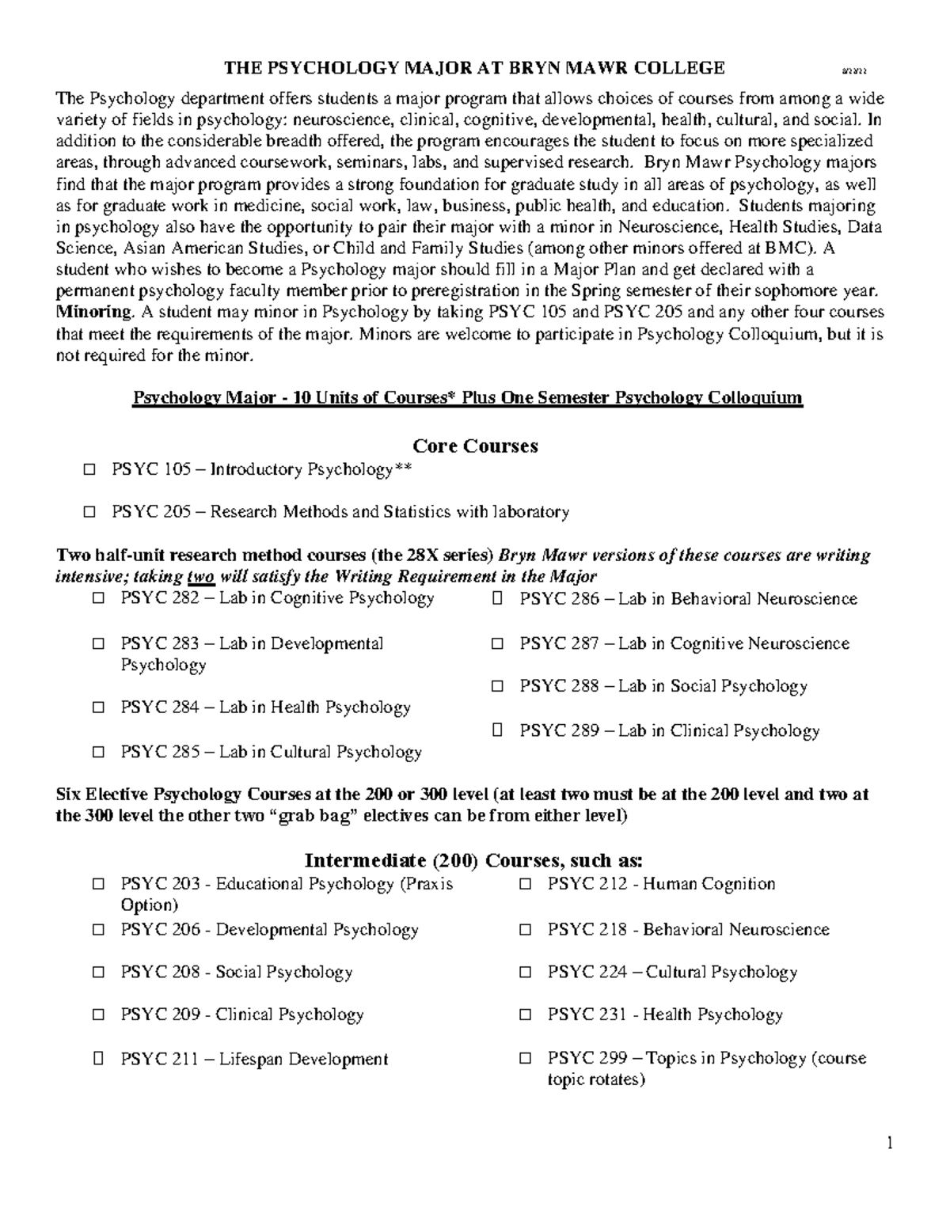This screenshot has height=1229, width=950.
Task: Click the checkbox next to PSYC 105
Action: [x=89, y=470]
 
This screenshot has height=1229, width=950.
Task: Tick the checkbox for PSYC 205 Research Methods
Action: [x=89, y=512]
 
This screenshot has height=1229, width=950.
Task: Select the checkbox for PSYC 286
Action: [x=497, y=599]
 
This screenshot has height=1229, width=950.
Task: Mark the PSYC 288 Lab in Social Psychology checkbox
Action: [x=497, y=687]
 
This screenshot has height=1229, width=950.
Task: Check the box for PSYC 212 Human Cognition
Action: [x=525, y=885]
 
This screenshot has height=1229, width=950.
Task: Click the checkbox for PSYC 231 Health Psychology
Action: [x=525, y=1015]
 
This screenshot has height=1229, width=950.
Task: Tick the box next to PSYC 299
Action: [x=525, y=1059]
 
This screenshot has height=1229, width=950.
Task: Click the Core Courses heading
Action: [x=475, y=446]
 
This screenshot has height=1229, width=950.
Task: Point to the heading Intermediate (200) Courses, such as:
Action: [x=474, y=861]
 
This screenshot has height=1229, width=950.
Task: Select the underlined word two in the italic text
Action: [x=201, y=576]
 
